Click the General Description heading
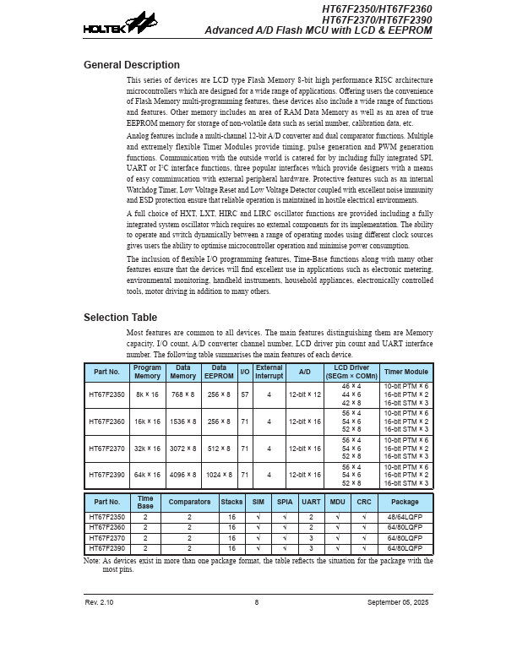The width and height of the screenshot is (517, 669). click(131, 65)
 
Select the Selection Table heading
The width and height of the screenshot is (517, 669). click(120, 318)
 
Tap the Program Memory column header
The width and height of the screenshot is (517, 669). click(147, 372)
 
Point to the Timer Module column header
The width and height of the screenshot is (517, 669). click(405, 372)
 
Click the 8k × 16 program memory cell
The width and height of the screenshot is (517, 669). click(147, 394)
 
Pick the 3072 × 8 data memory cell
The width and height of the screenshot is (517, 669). click(183, 449)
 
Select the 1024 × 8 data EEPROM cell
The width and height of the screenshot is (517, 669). click(219, 475)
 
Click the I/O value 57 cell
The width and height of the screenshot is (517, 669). click(245, 394)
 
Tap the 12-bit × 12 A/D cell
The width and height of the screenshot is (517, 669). click(304, 394)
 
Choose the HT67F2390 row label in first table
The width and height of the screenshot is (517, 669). click(106, 475)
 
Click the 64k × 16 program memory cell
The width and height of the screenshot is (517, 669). click(147, 475)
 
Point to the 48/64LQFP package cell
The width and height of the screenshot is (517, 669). click(405, 516)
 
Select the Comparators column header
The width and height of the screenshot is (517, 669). click(189, 502)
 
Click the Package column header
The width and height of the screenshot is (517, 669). click(405, 502)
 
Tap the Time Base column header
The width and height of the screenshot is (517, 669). click(145, 502)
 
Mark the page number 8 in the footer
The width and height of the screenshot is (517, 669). click(257, 602)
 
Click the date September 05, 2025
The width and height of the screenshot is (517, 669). click(398, 602)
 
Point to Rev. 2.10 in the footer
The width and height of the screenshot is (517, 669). click(99, 602)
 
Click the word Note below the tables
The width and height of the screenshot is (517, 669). click(91, 560)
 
